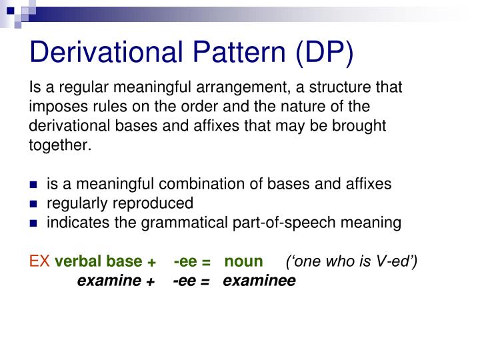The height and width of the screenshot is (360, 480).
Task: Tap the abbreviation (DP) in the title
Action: point(323,53)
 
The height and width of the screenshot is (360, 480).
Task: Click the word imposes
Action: point(55,107)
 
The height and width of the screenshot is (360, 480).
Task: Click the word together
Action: point(59,145)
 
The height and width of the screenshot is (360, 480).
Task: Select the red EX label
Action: point(39,261)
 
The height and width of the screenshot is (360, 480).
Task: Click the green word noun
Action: point(243,261)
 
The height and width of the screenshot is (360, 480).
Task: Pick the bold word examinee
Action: point(259,281)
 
